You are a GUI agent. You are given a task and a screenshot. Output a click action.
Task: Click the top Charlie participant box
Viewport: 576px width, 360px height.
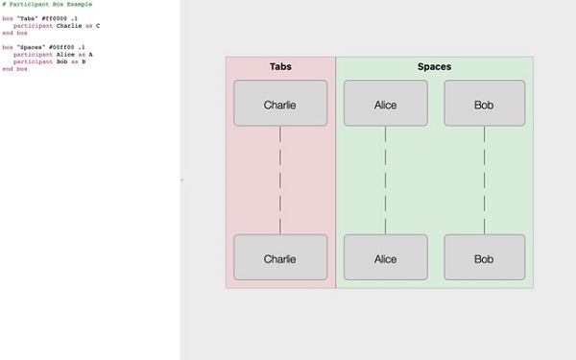280,104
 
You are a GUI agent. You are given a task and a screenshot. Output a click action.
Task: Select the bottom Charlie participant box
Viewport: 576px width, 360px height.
280,258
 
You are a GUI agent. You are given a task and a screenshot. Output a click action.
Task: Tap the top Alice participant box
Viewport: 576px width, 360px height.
385,104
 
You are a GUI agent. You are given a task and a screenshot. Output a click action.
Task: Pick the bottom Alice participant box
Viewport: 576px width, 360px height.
385,258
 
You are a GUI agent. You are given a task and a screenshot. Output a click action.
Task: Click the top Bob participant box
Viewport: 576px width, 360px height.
484,104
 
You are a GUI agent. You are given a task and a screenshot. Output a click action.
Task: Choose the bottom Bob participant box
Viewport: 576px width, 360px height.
484,258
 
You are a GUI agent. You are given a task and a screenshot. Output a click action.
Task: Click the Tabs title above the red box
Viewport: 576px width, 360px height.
280,67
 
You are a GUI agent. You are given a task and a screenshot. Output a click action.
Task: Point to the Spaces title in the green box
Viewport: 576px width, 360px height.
434,67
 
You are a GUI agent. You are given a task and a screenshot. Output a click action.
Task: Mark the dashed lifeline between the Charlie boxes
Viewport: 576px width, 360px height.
280,180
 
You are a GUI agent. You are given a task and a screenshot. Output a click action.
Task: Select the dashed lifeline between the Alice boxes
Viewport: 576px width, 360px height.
385,180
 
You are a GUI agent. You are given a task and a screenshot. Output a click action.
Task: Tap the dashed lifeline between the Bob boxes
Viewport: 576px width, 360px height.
484,180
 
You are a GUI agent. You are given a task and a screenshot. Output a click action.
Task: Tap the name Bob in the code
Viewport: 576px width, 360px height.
63,60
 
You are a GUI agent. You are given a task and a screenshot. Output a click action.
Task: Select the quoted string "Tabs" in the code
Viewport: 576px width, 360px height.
27,19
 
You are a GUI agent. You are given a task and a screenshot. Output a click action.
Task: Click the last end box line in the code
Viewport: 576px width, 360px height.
14,68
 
